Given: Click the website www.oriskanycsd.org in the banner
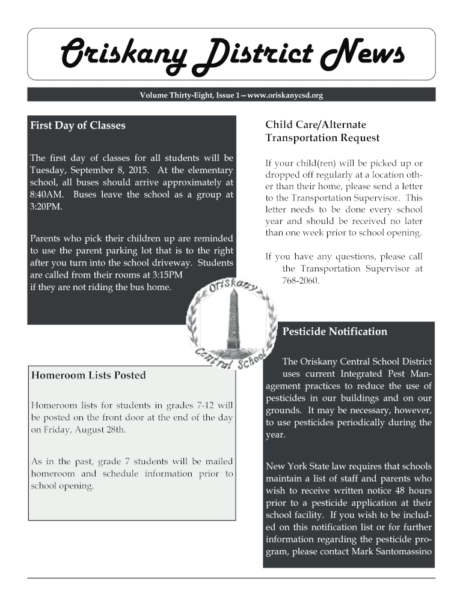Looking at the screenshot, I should [281, 95].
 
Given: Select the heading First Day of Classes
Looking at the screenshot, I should [78, 126].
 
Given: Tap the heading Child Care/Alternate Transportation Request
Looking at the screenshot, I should [322, 132].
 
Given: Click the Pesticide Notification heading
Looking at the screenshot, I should [334, 332].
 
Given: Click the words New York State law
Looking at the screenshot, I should [304, 467].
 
